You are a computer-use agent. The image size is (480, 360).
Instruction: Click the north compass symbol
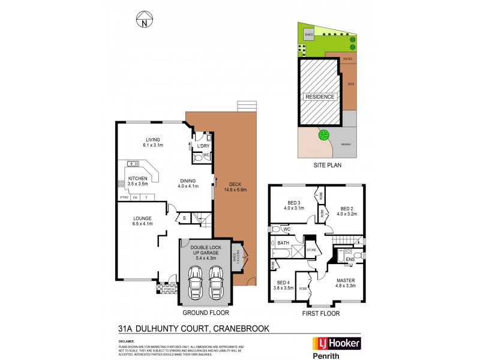pyautogui.click(x=145, y=20)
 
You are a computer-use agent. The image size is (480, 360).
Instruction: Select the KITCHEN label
pyautogui.click(x=137, y=179)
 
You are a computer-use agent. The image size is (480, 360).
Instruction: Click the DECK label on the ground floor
pyautogui.click(x=234, y=184)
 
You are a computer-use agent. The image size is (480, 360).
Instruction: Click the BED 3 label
pyautogui.click(x=293, y=203)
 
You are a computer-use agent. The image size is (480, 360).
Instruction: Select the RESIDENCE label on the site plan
pyautogui.click(x=320, y=96)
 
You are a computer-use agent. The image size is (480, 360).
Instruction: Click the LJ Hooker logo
pyautogui.click(x=337, y=343)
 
